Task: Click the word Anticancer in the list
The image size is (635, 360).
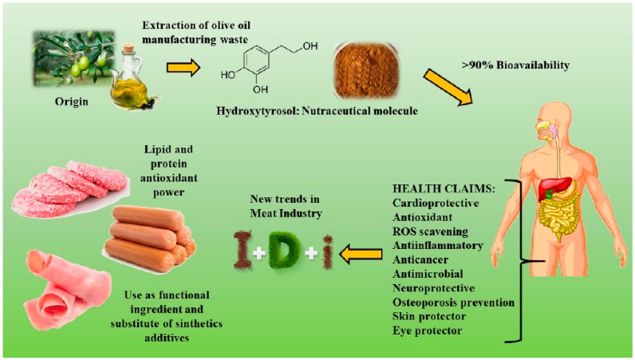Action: [x=424, y=259]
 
